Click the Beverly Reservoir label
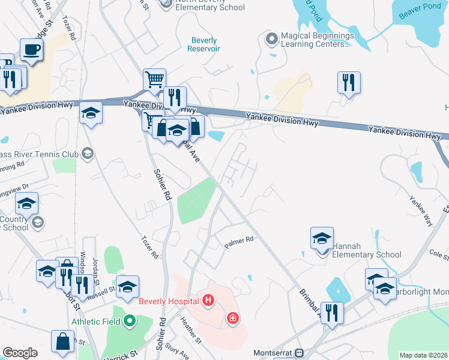point(204,44)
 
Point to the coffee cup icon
point(31,50)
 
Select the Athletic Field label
point(97,322)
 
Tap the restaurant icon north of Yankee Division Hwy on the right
point(348,82)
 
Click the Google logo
point(20,352)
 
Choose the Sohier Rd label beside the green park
point(164,187)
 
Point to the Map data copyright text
point(424,355)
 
